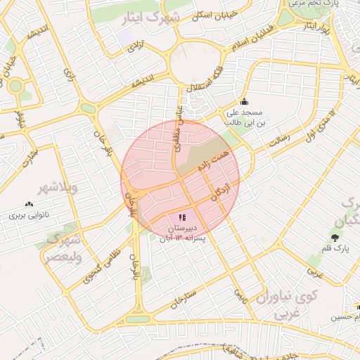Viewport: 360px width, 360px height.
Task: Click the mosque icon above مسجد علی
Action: coord(244,101)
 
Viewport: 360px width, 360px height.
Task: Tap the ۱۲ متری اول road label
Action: coord(321,121)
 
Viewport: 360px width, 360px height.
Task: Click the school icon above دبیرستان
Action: coord(184,218)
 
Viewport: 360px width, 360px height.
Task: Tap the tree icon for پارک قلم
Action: coord(334,236)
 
